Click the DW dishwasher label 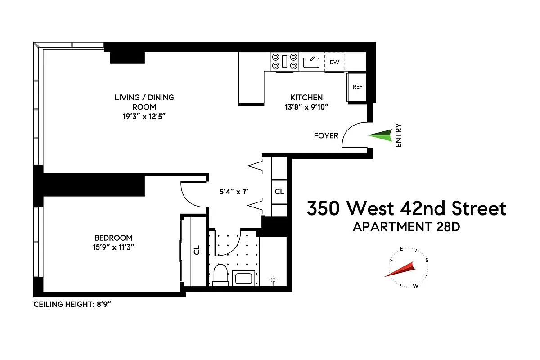(334, 62)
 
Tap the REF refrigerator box (357, 87)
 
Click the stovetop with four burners (284, 62)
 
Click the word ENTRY (398, 135)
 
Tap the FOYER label (326, 135)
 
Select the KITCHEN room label (306, 97)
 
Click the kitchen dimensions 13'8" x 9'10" (306, 107)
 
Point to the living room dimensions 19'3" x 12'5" (144, 117)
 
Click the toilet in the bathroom (220, 275)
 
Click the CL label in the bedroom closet (197, 250)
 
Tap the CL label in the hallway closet (279, 192)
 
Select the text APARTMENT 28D (406, 227)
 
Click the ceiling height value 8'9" (102, 304)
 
